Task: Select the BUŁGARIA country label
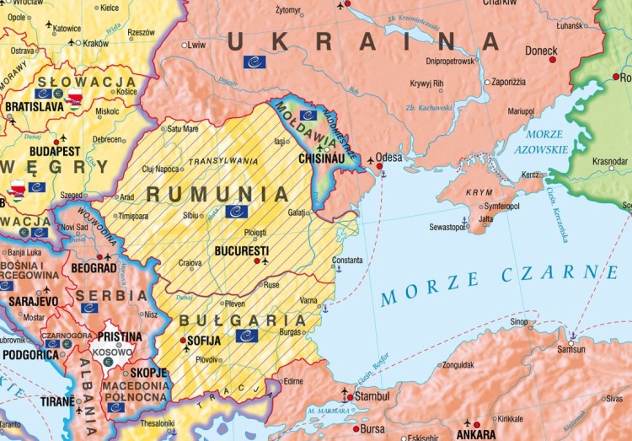click(243, 320)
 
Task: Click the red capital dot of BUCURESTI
click(258, 261)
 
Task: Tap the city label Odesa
click(388, 158)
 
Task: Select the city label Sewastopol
click(447, 227)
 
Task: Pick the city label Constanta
click(349, 260)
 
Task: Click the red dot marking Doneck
click(553, 60)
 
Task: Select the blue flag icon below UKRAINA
click(254, 62)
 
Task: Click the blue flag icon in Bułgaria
click(248, 336)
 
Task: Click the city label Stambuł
click(371, 395)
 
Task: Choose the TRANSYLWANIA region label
click(222, 160)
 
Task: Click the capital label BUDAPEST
click(52, 151)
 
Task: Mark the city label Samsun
click(572, 349)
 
